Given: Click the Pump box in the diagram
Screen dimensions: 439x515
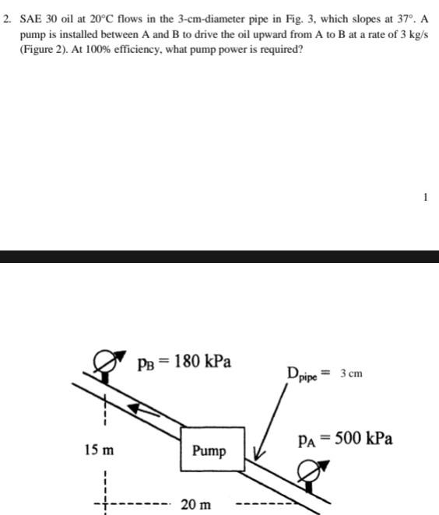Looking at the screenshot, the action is pos(212,450).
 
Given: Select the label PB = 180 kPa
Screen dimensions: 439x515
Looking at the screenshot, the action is pos(184,362).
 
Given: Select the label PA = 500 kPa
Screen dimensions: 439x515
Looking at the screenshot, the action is pos(345,438).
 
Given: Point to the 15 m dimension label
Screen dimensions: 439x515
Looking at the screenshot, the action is pos(98,450).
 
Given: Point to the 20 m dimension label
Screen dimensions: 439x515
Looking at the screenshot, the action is pos(195,504).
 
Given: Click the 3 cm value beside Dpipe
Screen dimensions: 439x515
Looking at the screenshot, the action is pos(351,374).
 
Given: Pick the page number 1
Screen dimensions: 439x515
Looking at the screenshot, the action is pos(425,198).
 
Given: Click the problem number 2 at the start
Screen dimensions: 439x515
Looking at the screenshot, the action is pos(7,17).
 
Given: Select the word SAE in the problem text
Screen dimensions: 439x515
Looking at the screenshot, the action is pos(30,17).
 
